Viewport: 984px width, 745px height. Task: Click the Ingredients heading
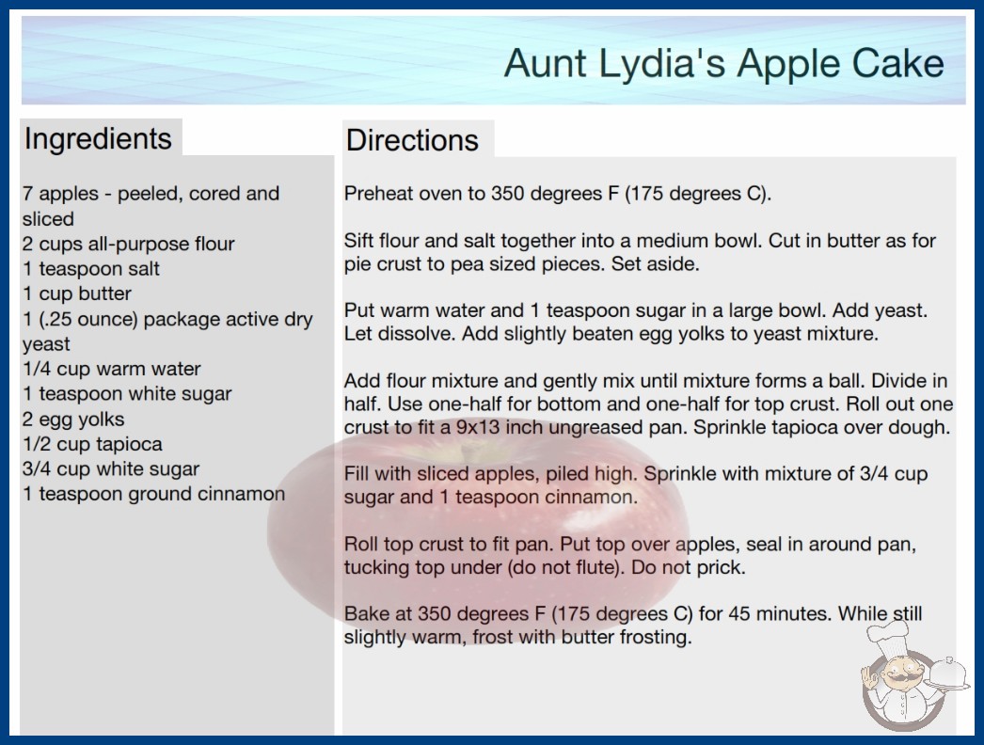coord(98,139)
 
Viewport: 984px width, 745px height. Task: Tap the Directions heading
coord(412,140)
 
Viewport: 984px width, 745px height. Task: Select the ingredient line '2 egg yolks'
coord(73,420)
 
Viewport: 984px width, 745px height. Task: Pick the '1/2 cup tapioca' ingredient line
coord(92,444)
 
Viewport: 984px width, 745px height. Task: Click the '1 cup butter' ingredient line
coord(77,293)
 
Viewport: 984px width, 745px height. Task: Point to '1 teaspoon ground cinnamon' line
coord(153,494)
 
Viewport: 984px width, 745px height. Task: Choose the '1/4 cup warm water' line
coord(112,369)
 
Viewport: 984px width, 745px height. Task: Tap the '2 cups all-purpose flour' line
coord(129,244)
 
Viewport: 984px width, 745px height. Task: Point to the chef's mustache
coord(898,679)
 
